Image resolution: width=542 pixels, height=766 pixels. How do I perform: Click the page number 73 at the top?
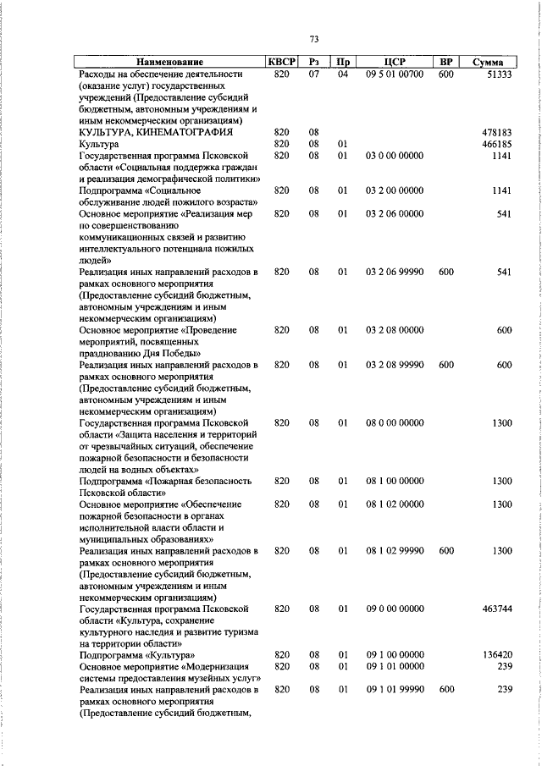314,39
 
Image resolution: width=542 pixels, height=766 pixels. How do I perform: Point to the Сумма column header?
489,63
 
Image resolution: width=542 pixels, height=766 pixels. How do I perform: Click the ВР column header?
446,63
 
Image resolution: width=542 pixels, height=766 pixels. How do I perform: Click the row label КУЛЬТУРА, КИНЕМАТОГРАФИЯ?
155,133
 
